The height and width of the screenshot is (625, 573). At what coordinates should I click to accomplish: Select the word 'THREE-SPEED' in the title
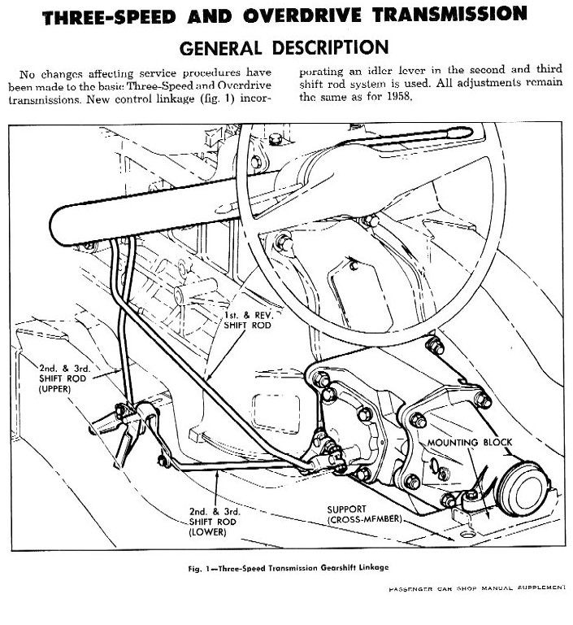114,14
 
